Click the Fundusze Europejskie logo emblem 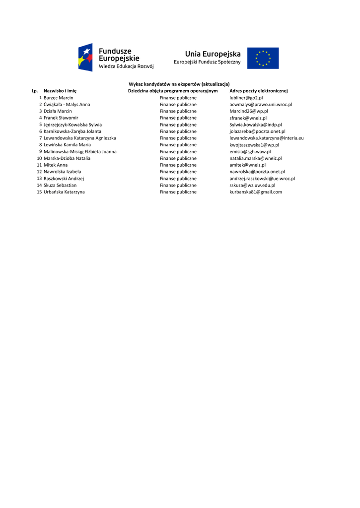coord(85,57)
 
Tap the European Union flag coord(263,58)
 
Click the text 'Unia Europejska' coord(213,54)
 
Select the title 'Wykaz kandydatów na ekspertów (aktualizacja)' coord(179,84)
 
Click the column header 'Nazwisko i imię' coord(60,91)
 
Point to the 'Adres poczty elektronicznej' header coord(258,91)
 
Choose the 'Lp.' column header coord(35,91)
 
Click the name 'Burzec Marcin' coord(58,98)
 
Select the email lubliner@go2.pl coord(246,98)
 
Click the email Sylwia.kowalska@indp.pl coord(255,125)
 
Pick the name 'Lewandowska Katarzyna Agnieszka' coord(79,138)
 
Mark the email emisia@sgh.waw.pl coord(250,152)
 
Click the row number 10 coord(39,158)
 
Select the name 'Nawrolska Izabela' coord(62,172)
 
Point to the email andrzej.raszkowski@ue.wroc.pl coord(262,179)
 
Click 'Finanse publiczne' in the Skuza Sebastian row coord(178,185)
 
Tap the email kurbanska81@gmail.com coord(255,192)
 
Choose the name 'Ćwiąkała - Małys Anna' coord(67,105)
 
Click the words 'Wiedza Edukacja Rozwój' coord(126,66)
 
